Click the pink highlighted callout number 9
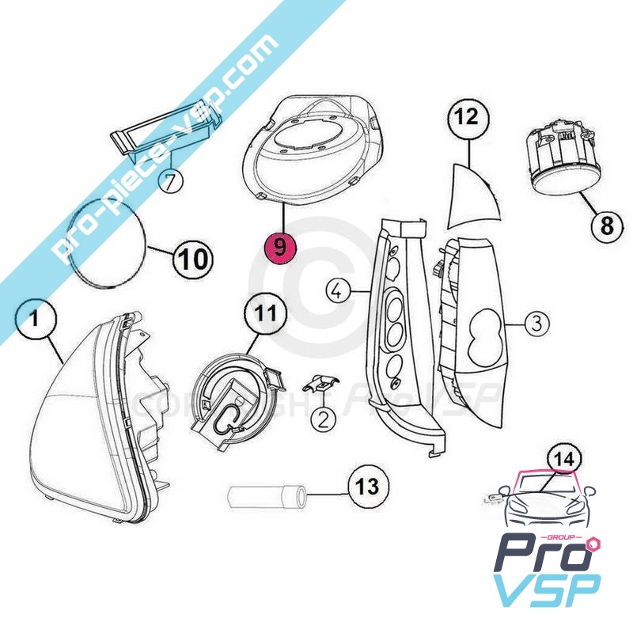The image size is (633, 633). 280,246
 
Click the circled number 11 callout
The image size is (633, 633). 266,313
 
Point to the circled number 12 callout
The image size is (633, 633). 468,117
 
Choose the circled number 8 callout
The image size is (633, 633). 608,225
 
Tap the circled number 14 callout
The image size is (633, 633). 564,459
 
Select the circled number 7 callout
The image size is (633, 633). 171,181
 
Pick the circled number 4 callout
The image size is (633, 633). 339,290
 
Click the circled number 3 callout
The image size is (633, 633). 537,324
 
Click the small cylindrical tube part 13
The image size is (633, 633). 267,498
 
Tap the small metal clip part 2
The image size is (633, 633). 320,384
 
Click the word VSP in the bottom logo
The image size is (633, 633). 547,591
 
